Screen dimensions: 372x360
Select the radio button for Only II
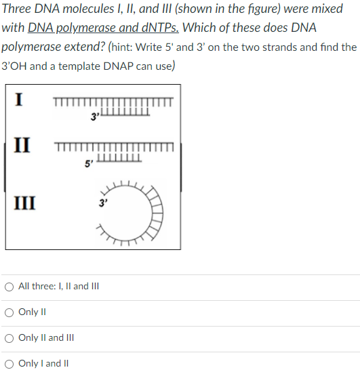9,312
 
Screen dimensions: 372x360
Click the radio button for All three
9,287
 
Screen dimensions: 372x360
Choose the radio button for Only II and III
9,338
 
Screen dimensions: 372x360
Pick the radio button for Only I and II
9,364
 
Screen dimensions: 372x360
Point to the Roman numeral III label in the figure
27,201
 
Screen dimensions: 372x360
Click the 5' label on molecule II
89,164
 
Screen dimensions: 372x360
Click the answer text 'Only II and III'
47,338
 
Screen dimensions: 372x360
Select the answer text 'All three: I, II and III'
59,287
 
